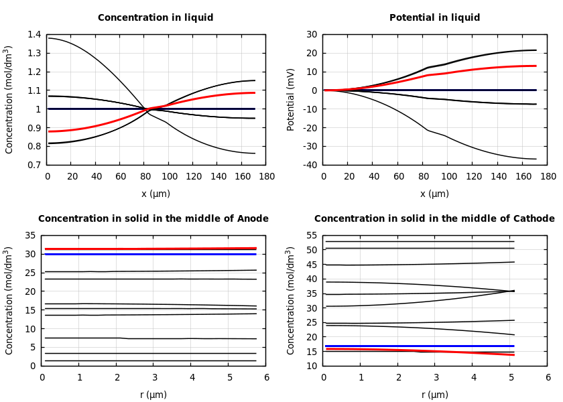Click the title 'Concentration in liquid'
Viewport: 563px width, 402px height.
point(155,18)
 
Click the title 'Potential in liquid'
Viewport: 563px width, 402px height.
point(434,18)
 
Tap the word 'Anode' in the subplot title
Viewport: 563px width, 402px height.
point(253,219)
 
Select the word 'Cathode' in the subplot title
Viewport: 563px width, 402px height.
point(534,219)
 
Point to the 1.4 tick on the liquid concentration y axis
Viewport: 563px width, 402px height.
point(34,35)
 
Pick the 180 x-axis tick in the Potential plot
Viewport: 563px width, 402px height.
point(548,176)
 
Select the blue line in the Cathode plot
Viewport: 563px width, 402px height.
point(416,346)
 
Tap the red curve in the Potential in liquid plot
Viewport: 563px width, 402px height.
point(469,70)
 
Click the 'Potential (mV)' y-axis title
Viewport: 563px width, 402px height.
point(291,99)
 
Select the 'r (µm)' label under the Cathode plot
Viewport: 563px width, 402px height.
point(434,395)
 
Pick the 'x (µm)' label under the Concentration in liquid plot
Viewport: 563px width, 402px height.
point(155,194)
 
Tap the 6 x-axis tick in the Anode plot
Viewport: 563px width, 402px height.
point(266,377)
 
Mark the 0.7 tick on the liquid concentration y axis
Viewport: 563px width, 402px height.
point(34,165)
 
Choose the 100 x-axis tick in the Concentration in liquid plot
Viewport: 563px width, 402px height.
point(169,176)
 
